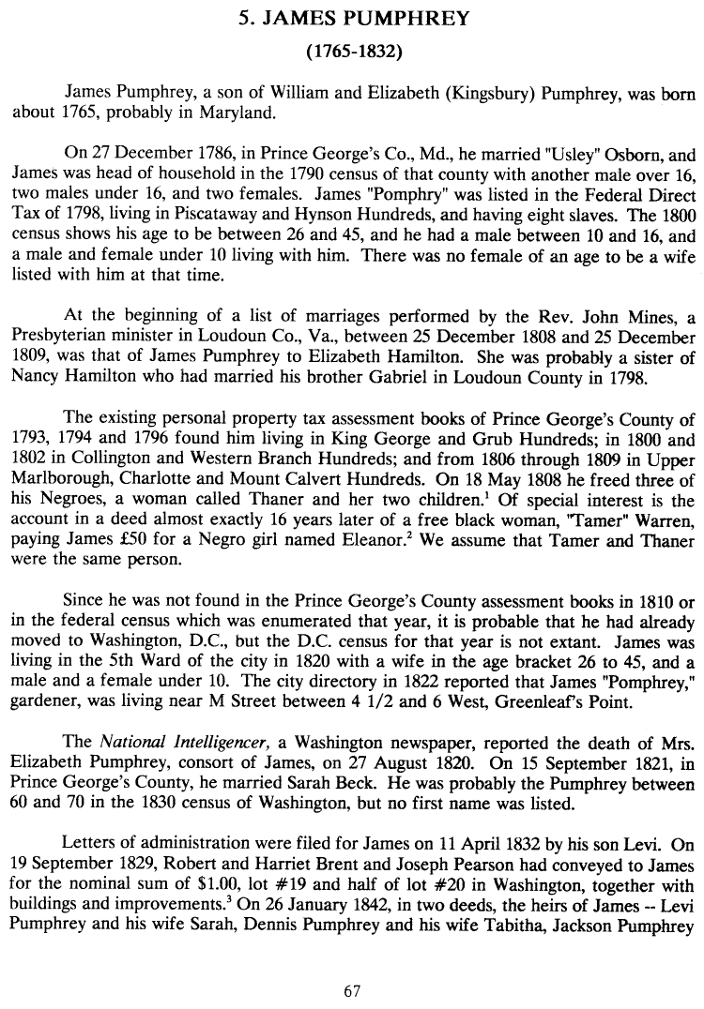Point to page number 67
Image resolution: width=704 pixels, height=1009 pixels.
click(x=352, y=990)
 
